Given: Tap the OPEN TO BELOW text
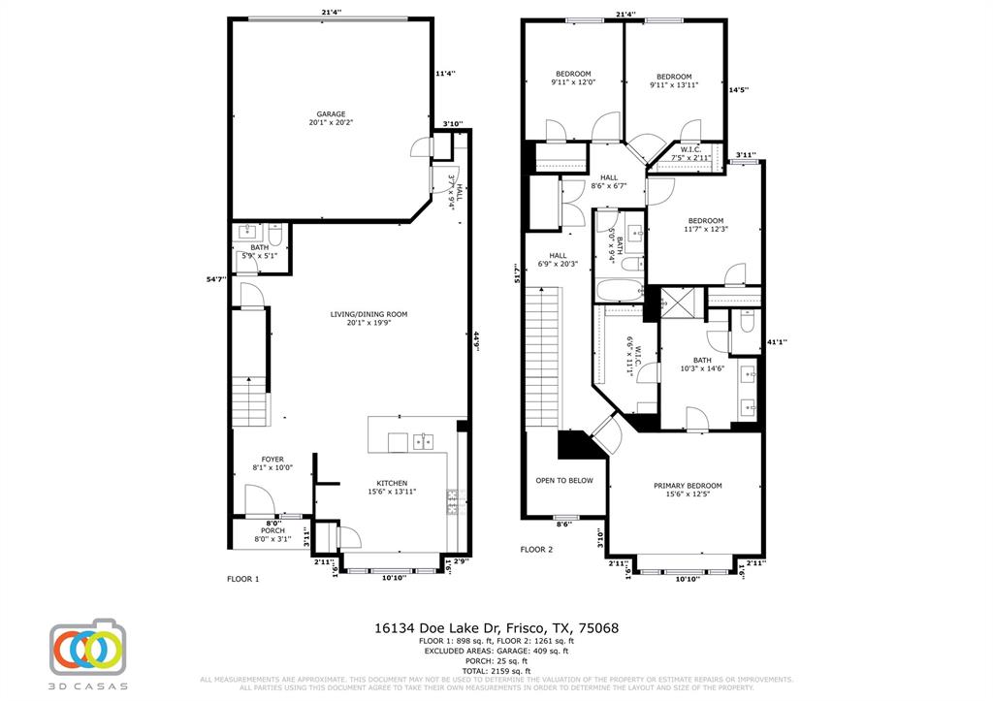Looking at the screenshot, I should tap(564, 480).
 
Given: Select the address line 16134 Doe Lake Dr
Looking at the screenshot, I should tap(496, 628).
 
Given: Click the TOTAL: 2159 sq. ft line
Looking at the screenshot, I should tap(496, 671).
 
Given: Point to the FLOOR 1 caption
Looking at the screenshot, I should tap(242, 579).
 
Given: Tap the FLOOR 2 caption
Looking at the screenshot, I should tap(536, 550).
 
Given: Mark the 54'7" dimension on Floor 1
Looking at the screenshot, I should tap(215, 279).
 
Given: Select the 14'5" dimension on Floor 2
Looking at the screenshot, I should tap(738, 90).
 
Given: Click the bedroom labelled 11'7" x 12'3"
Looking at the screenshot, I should tap(705, 224).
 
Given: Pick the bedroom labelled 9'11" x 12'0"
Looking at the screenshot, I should tap(572, 79).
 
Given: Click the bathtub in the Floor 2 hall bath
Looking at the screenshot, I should tap(618, 290).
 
